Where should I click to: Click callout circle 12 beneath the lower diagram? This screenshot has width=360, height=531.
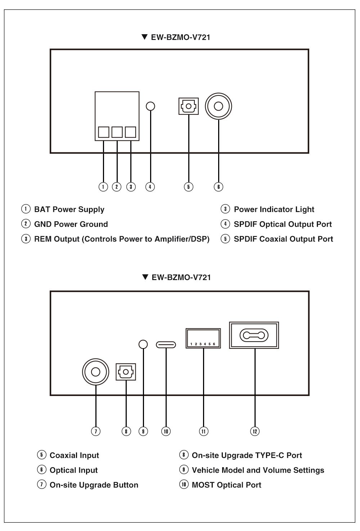tap(255, 431)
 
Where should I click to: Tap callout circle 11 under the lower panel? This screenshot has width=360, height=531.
tap(203, 431)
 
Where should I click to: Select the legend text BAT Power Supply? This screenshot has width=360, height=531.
tap(69, 210)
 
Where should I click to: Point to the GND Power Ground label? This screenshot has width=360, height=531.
tap(71, 224)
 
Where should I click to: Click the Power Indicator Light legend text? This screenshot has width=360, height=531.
tap(274, 210)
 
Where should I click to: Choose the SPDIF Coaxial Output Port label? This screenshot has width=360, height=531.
tap(283, 239)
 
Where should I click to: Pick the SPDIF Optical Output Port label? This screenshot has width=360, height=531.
tap(283, 224)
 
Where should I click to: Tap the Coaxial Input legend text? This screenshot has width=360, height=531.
tap(74, 455)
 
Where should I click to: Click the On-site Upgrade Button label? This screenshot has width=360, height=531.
tap(94, 485)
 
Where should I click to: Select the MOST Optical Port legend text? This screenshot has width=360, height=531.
tap(226, 485)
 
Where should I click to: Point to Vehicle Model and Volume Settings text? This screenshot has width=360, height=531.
tap(258, 470)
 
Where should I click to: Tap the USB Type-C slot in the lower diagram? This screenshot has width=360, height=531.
tap(166, 345)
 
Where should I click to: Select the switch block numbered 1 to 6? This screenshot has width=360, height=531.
tap(203, 338)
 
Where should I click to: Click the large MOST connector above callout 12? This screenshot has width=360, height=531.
tap(254, 336)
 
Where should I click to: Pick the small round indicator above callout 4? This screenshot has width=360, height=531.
tap(150, 106)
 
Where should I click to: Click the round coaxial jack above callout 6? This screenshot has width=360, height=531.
tap(218, 106)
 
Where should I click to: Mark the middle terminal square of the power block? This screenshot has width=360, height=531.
tap(117, 132)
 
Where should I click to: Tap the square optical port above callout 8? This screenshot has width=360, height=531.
tap(126, 372)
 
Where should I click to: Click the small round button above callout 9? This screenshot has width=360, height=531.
tap(143, 344)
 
